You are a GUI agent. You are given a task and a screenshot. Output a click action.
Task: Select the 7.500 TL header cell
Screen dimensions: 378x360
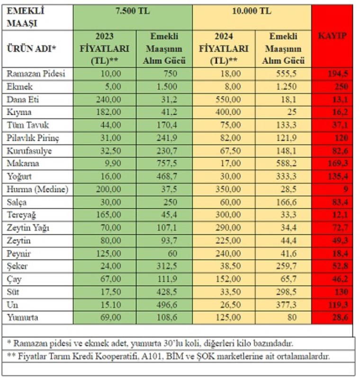[x=133, y=11]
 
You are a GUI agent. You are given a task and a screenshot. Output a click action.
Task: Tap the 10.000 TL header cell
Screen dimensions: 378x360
[x=252, y=11]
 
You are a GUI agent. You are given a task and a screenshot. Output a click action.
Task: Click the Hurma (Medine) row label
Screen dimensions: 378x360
[x=37, y=189]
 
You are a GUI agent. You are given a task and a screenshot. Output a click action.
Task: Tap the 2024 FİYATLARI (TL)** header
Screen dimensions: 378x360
[x=224, y=48]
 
